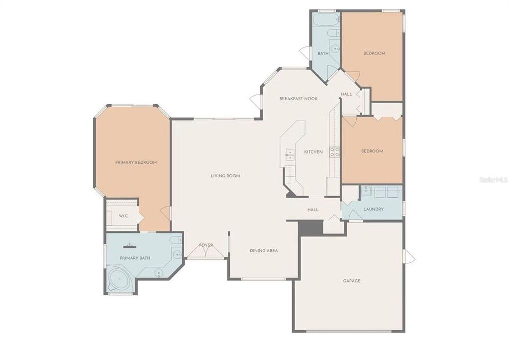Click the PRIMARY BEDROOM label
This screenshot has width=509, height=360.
[136, 162]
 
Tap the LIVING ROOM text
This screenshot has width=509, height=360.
[225, 176]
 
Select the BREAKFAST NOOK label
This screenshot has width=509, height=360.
[298, 99]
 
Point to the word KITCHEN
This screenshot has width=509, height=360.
[313, 152]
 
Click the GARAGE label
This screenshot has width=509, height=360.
[351, 281]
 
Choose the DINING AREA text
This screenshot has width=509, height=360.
[264, 250]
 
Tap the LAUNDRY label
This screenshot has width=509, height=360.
[373, 209]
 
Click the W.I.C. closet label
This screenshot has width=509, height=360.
[123, 216]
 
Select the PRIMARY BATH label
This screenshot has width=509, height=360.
[135, 258]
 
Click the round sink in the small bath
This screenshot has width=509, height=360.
[335, 49]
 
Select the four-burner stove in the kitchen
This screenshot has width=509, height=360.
[334, 152]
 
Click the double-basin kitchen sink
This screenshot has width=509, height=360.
[289, 155]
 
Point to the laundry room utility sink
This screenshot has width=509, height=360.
[366, 190]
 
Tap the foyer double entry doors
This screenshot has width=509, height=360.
[206, 252]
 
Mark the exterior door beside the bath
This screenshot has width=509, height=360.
[304, 52]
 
